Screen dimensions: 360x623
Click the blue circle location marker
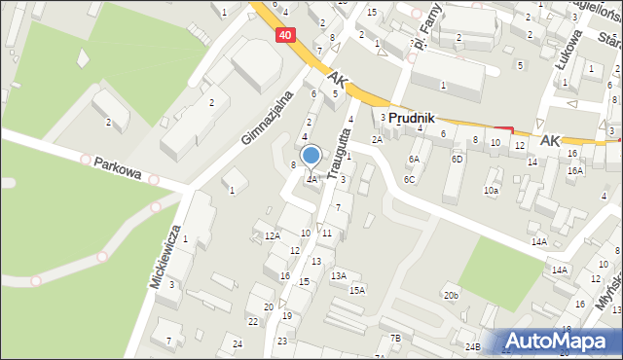(311, 155)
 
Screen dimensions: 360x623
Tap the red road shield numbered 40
(283, 34)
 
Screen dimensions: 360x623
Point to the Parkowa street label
(118, 170)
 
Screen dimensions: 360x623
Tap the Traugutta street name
(337, 150)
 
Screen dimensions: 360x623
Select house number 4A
(311, 179)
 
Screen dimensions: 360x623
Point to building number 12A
(272, 235)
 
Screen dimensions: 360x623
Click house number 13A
(338, 276)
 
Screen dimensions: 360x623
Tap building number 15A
(357, 290)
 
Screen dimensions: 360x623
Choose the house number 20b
(450, 295)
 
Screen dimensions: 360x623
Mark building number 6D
(457, 159)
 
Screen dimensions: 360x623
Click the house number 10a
(492, 191)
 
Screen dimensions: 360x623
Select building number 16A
(575, 170)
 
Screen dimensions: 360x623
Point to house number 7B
(394, 338)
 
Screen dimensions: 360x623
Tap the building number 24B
(472, 346)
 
